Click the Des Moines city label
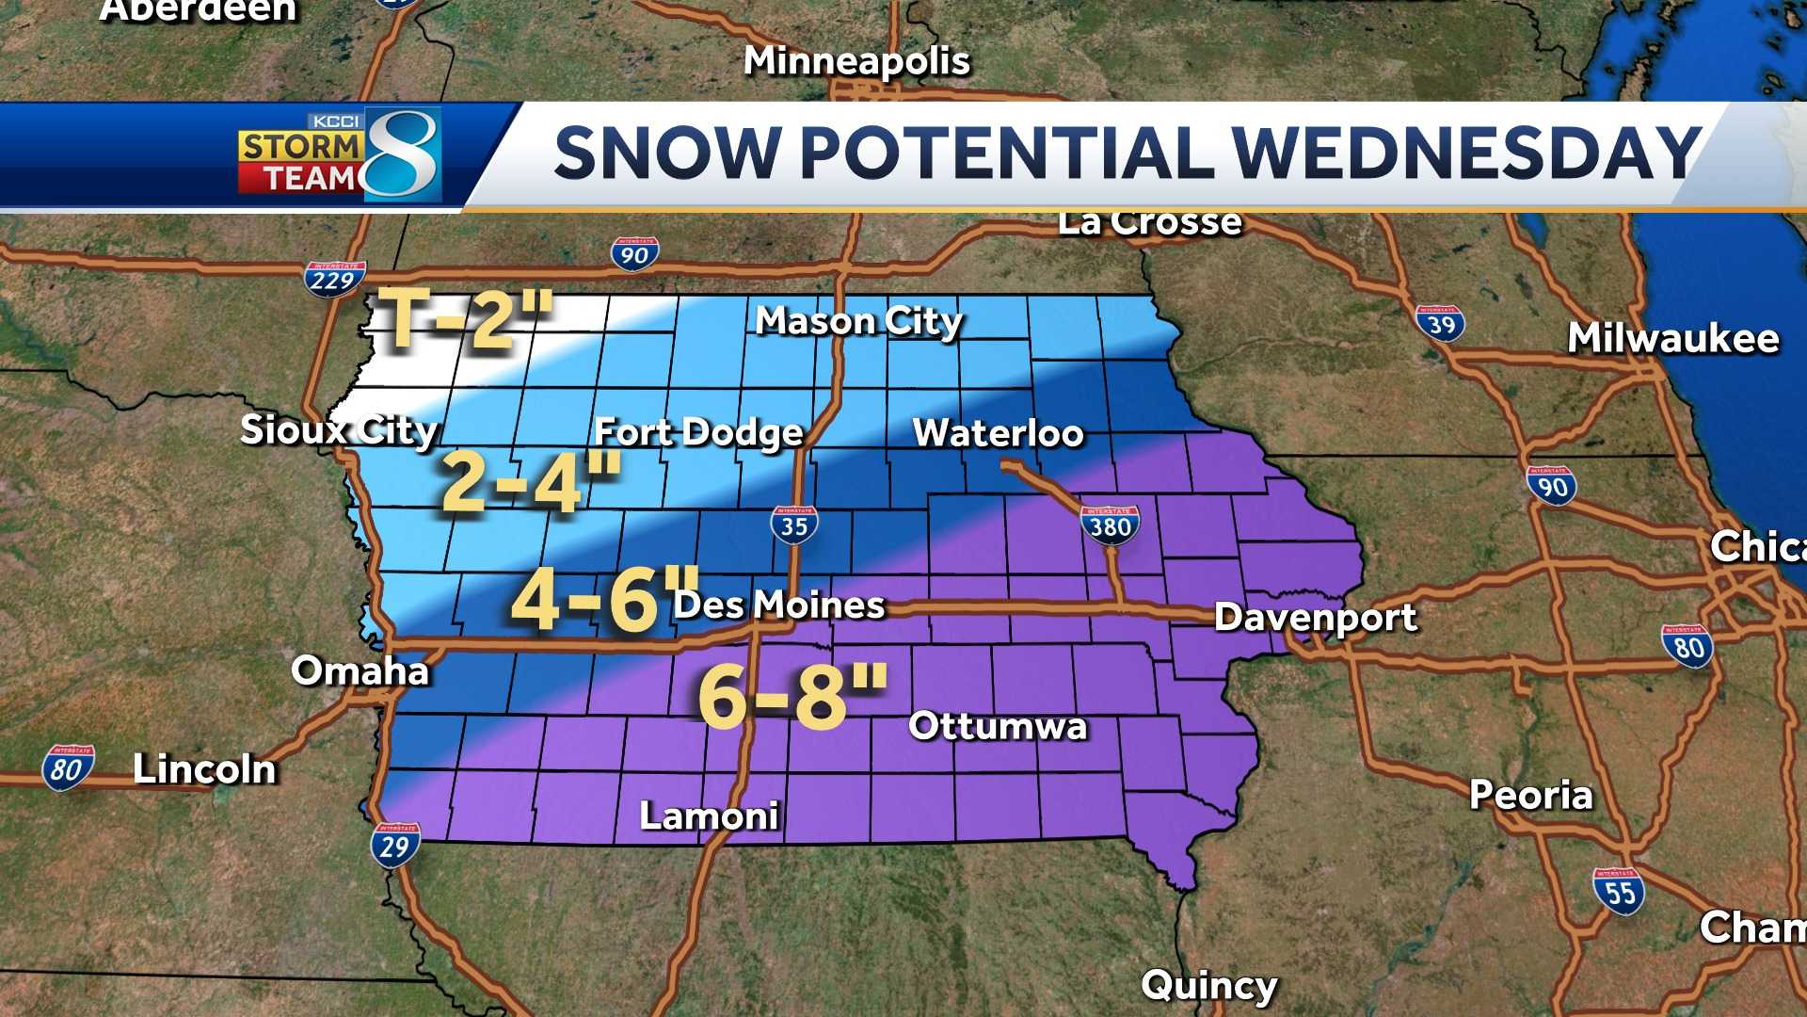(x=779, y=605)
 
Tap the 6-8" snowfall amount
(x=792, y=697)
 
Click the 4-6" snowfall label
(x=602, y=600)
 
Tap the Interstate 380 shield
(x=1110, y=525)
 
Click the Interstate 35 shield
(x=794, y=525)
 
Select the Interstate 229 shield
(x=334, y=279)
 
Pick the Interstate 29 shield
(x=395, y=845)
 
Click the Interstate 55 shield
(x=1619, y=890)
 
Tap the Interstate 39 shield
(x=1440, y=324)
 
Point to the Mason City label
(x=858, y=322)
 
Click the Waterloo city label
(x=998, y=433)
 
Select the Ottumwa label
(x=998, y=726)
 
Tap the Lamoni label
(x=709, y=815)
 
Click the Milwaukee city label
(x=1672, y=338)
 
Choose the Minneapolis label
(x=856, y=61)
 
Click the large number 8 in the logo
(x=403, y=153)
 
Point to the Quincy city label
(x=1208, y=986)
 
